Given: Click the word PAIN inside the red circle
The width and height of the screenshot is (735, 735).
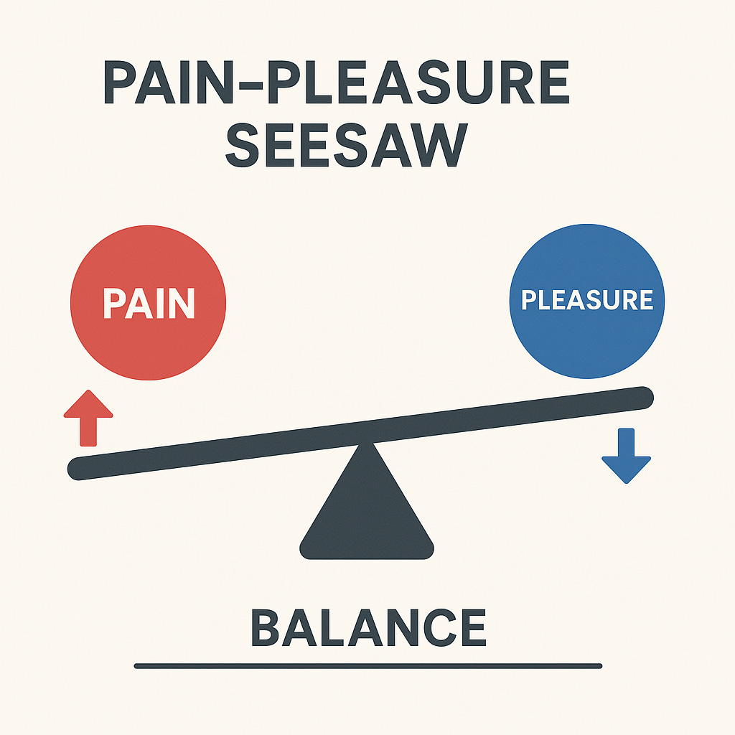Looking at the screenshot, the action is (x=149, y=303).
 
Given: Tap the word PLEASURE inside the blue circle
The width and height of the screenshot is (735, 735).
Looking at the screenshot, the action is (x=586, y=299).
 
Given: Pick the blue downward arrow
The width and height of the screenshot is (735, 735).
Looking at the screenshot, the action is (x=626, y=455).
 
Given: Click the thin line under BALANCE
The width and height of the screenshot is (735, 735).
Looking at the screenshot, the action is (x=367, y=666).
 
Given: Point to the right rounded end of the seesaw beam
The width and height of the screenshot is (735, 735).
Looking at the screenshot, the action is (x=644, y=395).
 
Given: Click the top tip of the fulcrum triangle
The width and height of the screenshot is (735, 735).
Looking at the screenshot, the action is (x=367, y=446).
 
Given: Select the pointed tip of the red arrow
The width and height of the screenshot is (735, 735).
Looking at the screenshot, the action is (x=88, y=393).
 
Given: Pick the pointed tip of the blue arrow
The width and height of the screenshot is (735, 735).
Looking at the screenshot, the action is (x=626, y=482).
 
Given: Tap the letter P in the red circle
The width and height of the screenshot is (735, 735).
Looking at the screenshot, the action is (x=113, y=303).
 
